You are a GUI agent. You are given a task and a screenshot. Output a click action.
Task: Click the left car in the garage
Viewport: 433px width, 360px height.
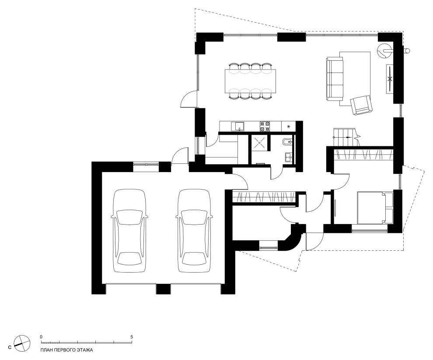[129, 231]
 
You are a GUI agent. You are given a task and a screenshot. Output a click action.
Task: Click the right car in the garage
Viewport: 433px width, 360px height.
[194, 231]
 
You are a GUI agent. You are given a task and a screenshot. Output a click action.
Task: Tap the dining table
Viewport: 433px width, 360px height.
[250, 82]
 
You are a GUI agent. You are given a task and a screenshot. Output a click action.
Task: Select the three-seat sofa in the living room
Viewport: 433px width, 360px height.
[335, 78]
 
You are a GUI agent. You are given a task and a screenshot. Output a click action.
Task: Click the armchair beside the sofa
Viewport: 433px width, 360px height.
[361, 105]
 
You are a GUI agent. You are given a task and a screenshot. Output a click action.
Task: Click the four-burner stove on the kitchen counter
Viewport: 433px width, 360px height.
[265, 126]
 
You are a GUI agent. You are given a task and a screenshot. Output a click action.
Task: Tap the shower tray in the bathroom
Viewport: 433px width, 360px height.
[259, 143]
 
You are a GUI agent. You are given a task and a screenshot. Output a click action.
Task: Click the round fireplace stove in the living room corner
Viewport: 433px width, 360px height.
[384, 51]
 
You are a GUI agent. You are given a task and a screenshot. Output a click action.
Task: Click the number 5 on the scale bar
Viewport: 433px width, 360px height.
[132, 337]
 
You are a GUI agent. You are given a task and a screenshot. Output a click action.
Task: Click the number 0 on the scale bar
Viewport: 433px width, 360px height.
[41, 337]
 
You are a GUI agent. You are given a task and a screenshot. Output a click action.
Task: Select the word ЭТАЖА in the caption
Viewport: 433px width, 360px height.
[84, 351]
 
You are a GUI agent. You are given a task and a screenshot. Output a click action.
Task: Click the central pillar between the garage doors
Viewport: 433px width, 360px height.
[164, 289]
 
